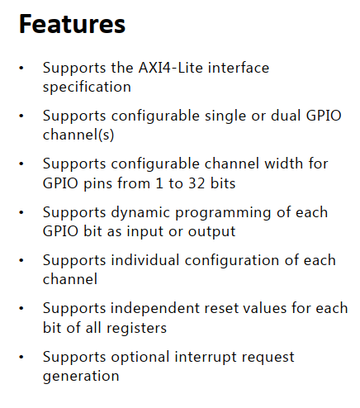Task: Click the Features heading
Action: click(x=72, y=25)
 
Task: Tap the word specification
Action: click(x=87, y=86)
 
